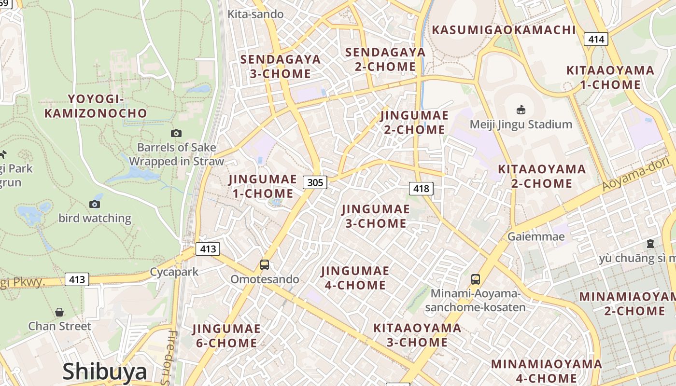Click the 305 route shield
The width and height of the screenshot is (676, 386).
315,182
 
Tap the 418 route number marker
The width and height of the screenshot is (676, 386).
421,189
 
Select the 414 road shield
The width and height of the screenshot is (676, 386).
596,39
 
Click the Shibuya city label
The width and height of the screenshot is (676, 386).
105,372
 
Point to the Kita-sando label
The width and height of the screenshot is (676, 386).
255,14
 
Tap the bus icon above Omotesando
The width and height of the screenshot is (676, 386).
265,264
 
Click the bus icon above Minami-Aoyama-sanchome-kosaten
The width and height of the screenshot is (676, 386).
476,279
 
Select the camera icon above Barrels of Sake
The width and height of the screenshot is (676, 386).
176,133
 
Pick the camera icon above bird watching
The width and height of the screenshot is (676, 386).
95,204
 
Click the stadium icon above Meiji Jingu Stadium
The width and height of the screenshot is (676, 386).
521,110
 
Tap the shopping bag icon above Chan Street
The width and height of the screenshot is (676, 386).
59,312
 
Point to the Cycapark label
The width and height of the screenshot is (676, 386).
174,272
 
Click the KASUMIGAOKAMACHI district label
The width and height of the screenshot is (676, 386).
504,30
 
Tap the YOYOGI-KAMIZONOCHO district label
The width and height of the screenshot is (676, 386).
96,106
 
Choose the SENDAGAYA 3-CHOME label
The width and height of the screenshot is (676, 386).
281,67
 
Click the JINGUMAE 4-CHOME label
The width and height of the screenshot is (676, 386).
355,278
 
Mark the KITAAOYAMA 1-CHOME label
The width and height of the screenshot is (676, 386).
610,78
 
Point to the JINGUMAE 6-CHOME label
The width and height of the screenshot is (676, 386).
226,336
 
